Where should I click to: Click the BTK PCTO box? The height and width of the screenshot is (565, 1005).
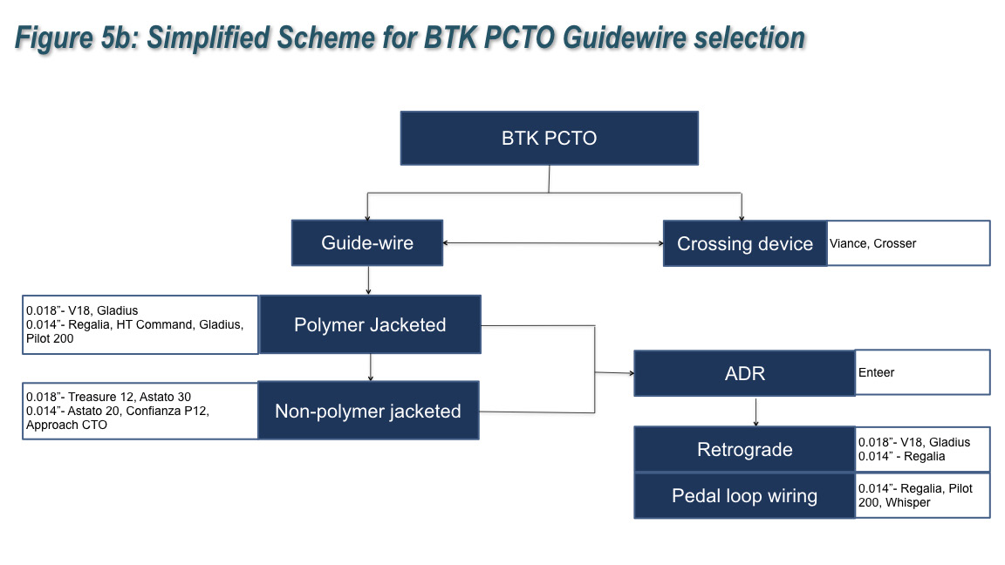[549, 138]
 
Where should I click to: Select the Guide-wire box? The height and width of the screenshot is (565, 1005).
[367, 242]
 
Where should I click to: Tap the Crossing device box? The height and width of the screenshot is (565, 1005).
[744, 243]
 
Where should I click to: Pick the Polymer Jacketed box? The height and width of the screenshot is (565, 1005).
[370, 324]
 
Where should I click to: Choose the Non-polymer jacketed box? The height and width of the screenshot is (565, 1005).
[367, 411]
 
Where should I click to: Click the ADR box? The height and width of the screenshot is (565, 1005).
[744, 373]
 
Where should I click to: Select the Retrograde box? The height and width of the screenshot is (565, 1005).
[744, 450]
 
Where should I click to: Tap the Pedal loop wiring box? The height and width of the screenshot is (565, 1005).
[744, 496]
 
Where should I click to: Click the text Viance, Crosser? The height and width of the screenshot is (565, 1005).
[873, 243]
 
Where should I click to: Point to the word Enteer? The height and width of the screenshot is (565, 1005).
[877, 372]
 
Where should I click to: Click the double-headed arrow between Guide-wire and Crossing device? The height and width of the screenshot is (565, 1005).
[553, 243]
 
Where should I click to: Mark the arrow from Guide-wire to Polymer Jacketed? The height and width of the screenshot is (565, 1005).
[369, 280]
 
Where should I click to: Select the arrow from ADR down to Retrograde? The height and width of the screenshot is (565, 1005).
[755, 411]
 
